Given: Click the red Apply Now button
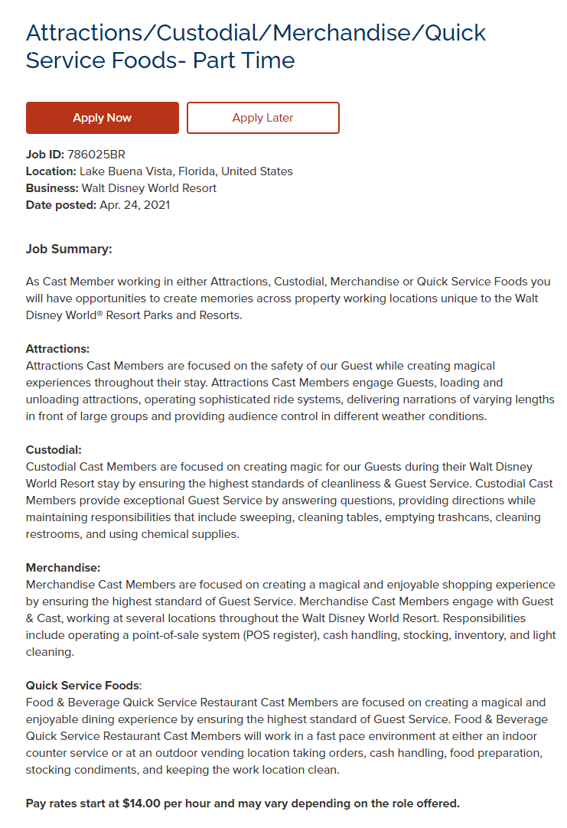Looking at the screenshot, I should point(102,118).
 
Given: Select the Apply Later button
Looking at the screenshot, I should point(262,118).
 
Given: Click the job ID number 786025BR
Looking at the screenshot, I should point(96,155).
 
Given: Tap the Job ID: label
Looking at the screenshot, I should point(45,155).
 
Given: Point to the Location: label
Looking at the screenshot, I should point(51,171).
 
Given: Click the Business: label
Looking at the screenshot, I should point(52,188).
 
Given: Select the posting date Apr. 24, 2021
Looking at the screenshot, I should point(135,205).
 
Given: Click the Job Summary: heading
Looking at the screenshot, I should point(69,249).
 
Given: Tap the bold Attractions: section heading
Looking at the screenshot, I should point(57,349).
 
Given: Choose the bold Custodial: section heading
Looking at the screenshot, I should point(54,450).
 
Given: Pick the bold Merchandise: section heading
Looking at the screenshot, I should point(63,568).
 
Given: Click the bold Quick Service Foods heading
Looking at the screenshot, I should point(83,686).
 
